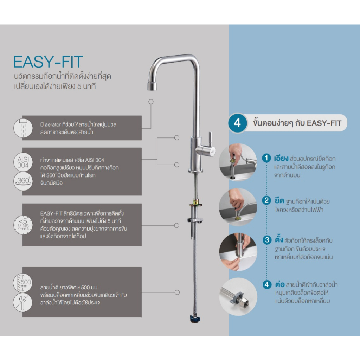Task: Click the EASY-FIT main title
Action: pyautogui.click(x=48, y=62)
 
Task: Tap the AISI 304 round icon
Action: pyautogui.click(x=23, y=162)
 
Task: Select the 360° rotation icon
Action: pyautogui.click(x=23, y=181)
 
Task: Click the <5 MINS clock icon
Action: pyautogui.click(x=23, y=225)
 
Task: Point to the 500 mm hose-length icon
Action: pyautogui.click(x=23, y=283)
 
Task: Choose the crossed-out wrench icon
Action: pyautogui.click(x=23, y=302)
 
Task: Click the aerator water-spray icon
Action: pyautogui.click(x=23, y=128)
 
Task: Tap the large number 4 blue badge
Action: pyautogui.click(x=237, y=123)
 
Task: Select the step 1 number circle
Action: pyautogui.click(x=266, y=158)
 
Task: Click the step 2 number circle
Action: pyautogui.click(x=266, y=200)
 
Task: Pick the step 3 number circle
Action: pyautogui.click(x=267, y=240)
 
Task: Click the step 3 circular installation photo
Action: pyautogui.click(x=238, y=252)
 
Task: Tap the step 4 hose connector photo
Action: pyautogui.click(x=238, y=297)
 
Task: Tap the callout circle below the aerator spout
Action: pyautogui.click(x=151, y=102)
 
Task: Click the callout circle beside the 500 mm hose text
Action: pyautogui.click(x=177, y=292)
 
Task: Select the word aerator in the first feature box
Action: pyautogui.click(x=53, y=125)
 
